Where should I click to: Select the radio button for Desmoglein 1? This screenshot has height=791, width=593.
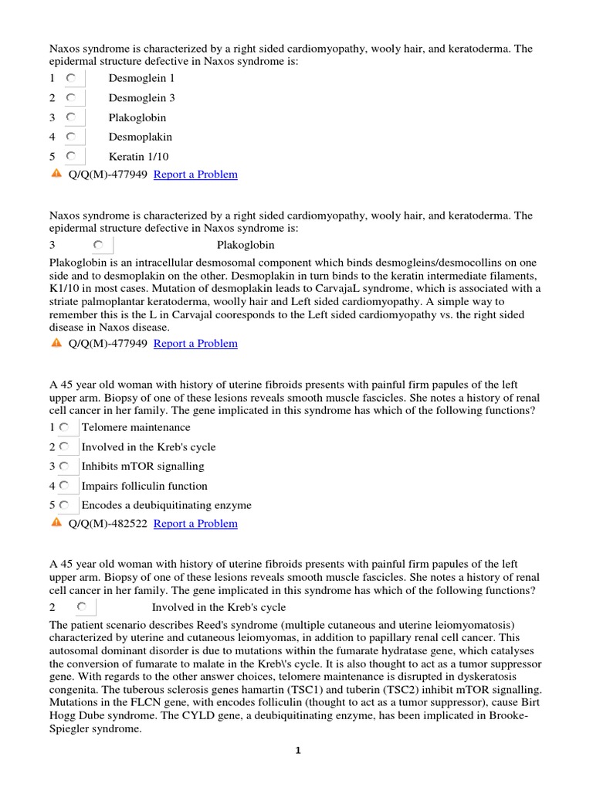[x=71, y=78]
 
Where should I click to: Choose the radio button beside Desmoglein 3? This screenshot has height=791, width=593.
[x=71, y=98]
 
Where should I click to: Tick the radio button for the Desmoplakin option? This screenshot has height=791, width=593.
[x=71, y=137]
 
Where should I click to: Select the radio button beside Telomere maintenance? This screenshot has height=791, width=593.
[x=64, y=427]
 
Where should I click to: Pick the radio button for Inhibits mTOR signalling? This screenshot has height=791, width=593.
[x=64, y=467]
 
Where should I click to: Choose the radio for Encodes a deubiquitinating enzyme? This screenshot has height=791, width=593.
[x=64, y=505]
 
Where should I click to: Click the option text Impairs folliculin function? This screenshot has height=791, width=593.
[x=144, y=486]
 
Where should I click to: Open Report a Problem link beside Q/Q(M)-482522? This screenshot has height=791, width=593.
[x=195, y=524]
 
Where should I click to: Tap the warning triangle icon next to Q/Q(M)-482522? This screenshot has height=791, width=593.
[x=56, y=523]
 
